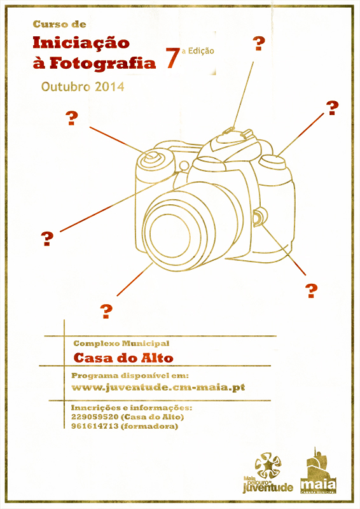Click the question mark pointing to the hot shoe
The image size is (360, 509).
click(x=259, y=44)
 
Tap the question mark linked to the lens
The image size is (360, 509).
click(x=106, y=311)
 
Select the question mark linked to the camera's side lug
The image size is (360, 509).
click(x=311, y=291)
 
